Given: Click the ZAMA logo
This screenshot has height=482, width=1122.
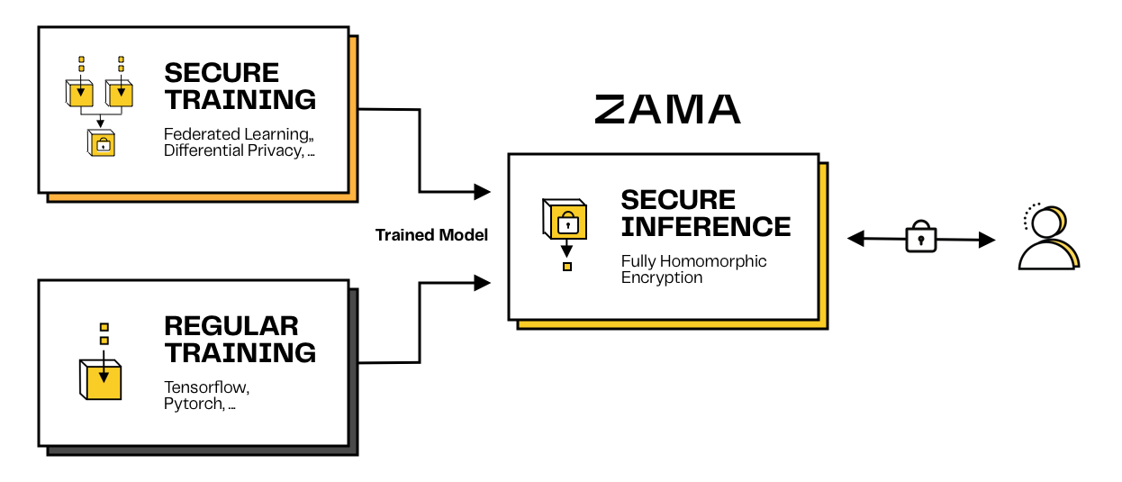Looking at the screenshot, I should point(667,109).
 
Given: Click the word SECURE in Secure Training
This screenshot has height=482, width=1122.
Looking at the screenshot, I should point(222,73).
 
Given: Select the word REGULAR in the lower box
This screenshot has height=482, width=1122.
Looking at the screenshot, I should point(231,326).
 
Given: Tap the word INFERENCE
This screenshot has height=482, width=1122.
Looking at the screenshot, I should point(706,226).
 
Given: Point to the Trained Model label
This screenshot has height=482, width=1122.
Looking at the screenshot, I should point(431,235).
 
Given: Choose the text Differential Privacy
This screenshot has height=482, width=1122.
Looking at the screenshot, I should point(232,150).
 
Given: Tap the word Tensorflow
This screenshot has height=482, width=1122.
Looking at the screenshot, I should point(206,387).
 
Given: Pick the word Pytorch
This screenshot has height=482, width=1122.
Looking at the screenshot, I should point(193,404).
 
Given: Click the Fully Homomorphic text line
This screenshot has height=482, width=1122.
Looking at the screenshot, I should point(693,261).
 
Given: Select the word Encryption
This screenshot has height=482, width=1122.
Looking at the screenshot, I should point(662,277).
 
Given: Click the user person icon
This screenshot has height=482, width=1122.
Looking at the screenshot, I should point(1047,239).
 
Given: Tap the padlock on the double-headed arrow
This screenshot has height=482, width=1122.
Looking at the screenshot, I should point(920,238).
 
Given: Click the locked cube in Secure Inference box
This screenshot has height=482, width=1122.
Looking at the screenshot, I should point(566,220).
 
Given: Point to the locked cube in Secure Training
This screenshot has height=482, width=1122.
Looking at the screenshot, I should point(102,143).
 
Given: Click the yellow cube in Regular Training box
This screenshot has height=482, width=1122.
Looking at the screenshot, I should point(99,378).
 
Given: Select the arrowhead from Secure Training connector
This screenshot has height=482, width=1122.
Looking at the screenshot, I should point(482,191).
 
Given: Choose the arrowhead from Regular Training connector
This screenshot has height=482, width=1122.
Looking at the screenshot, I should point(482,283).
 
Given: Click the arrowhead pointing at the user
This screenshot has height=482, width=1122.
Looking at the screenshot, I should point(987,240).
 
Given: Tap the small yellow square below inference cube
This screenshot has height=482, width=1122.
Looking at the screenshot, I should point(566,267).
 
